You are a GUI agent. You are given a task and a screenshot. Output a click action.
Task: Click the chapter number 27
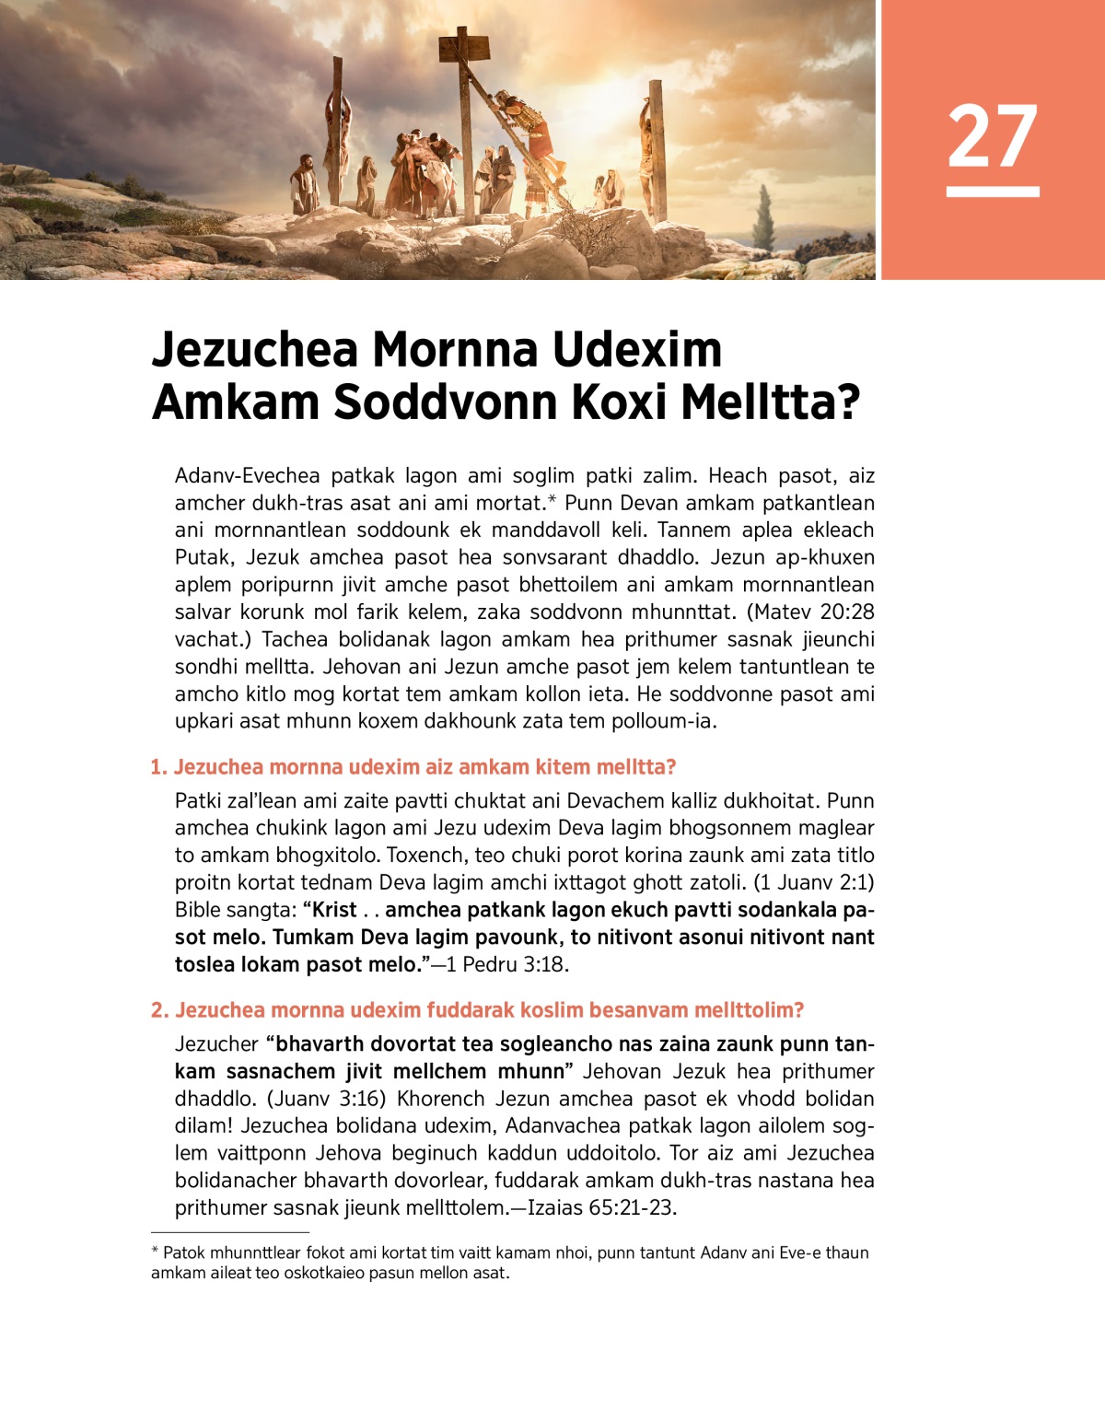992,135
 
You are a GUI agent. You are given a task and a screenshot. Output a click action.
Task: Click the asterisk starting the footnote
155,1252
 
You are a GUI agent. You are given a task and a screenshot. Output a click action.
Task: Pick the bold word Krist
334,910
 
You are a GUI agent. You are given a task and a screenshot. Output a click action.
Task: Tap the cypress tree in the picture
763,216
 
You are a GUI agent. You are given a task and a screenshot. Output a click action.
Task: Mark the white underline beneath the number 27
992,192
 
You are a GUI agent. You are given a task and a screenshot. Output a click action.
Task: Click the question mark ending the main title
847,402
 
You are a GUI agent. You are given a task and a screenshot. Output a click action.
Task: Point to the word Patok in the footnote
184,1252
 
